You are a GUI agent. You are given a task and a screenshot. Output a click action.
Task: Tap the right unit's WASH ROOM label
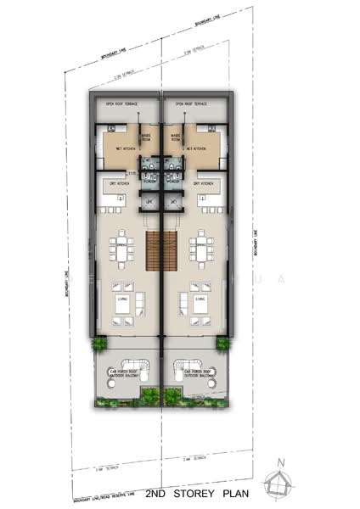point(175,135)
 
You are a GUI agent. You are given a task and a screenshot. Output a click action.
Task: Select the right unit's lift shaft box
point(172,203)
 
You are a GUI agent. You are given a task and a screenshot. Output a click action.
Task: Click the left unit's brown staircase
point(153,251)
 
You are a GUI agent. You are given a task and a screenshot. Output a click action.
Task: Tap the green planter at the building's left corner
point(98,344)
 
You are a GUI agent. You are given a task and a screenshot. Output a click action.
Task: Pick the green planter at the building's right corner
point(223,344)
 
